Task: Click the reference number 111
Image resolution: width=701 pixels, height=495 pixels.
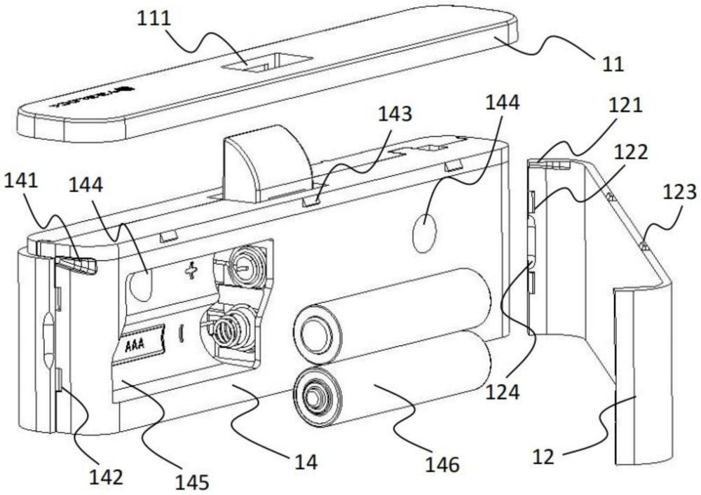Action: click(x=158, y=20)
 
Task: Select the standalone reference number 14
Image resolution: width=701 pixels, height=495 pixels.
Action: click(x=306, y=461)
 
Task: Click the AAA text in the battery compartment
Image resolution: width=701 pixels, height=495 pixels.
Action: click(x=140, y=345)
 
